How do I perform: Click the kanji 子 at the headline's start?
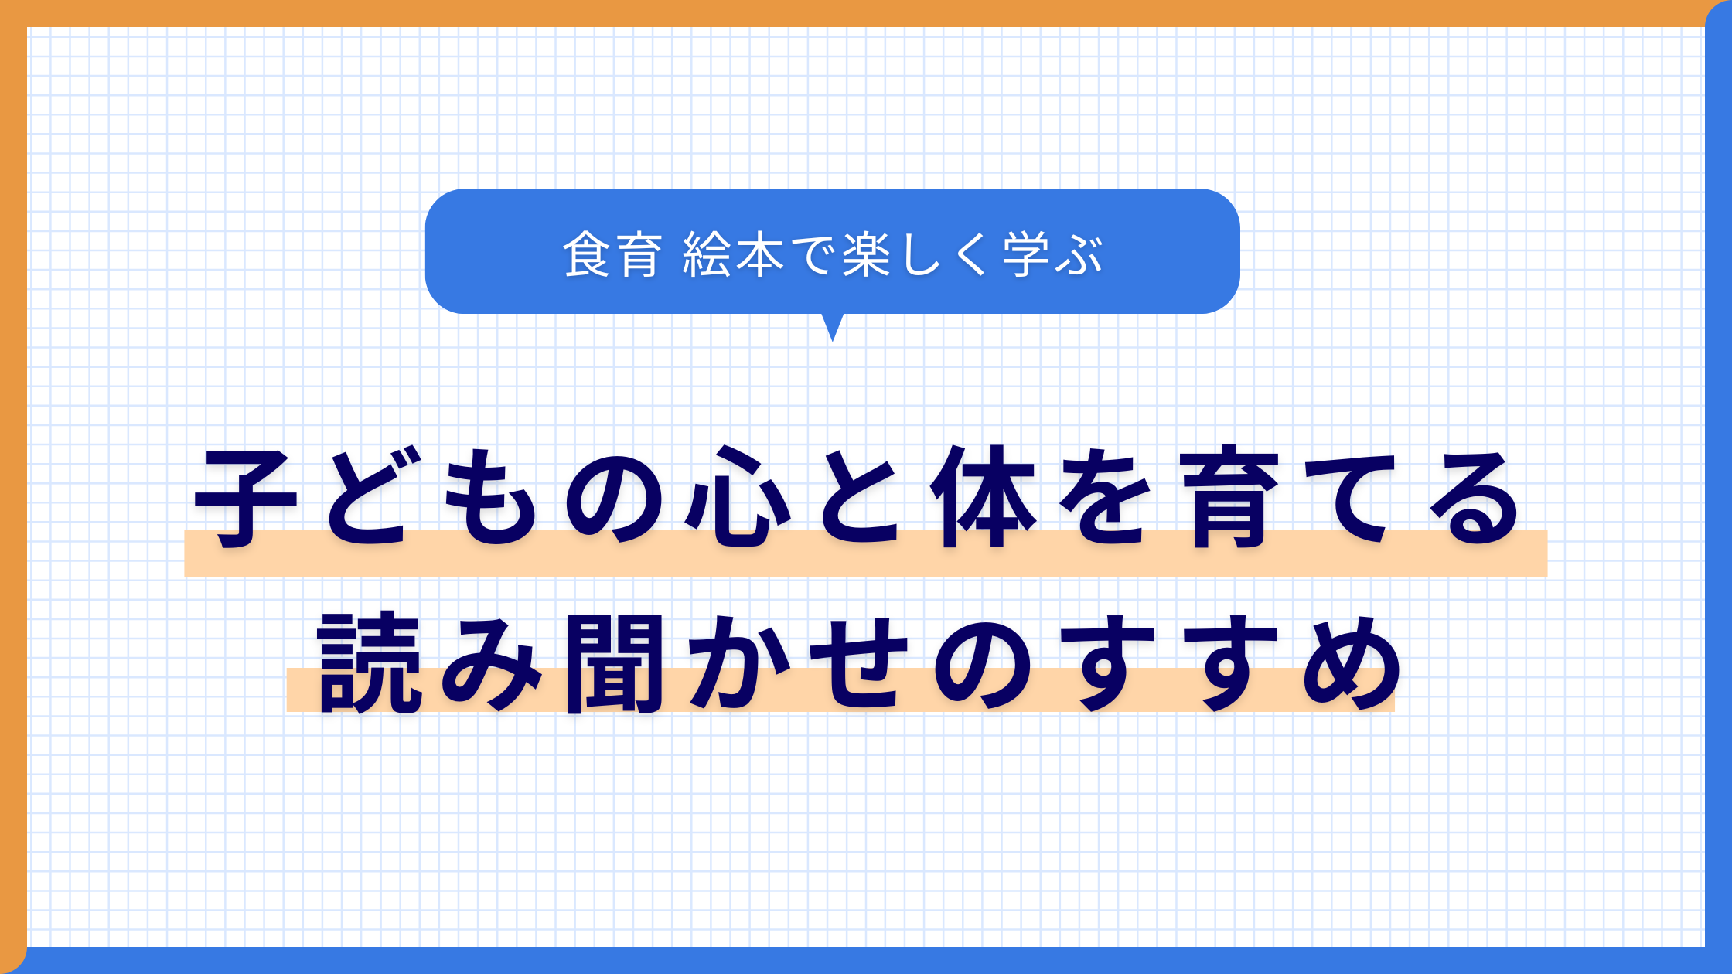(246, 498)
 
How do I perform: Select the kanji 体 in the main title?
(983, 496)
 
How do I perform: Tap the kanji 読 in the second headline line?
(370, 663)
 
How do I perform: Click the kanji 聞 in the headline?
(615, 663)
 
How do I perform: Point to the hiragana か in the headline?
(738, 663)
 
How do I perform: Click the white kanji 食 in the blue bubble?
(587, 254)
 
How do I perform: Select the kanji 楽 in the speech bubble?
(867, 254)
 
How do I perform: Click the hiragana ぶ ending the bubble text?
(1079, 254)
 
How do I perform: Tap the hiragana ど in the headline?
(368, 498)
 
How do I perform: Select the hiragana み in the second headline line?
(491, 663)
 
